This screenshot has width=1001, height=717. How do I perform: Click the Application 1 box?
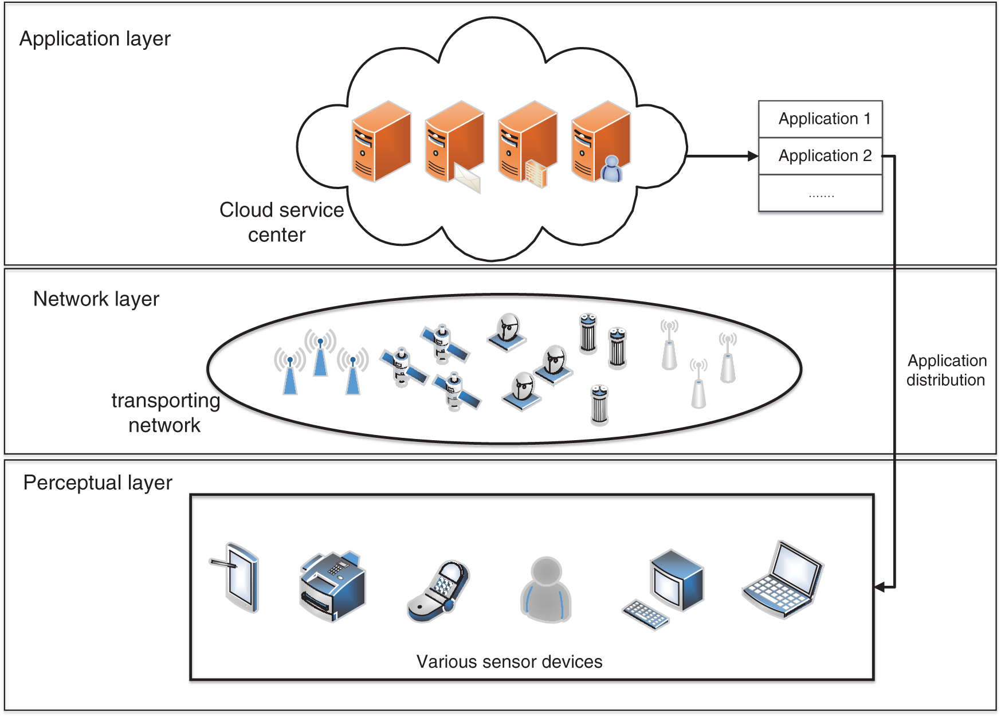(820, 119)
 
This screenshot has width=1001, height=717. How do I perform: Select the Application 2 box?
(820, 156)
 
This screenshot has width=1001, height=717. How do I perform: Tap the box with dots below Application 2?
(820, 194)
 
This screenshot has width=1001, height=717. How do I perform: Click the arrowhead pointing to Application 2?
(753, 156)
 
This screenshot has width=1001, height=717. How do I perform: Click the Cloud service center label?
(280, 222)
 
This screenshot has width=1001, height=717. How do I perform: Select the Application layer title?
(95, 39)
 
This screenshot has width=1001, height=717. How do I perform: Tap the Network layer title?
(96, 299)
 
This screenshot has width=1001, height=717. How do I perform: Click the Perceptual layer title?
(97, 483)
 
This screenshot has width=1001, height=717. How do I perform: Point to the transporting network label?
(165, 413)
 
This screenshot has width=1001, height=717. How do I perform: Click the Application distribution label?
(946, 370)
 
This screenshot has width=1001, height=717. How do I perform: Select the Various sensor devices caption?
(509, 662)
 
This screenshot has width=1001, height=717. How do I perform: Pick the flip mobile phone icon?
(438, 591)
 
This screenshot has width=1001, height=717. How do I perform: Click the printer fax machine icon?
(332, 586)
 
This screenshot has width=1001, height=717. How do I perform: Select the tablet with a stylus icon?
(238, 578)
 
